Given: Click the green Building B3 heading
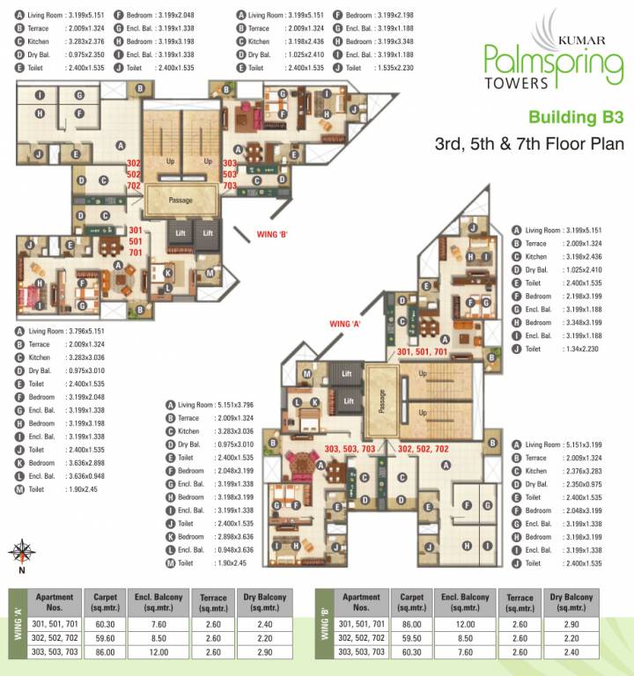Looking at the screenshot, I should [x=575, y=116].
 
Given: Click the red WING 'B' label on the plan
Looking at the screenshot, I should [x=273, y=233].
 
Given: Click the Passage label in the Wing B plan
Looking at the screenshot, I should [x=181, y=201].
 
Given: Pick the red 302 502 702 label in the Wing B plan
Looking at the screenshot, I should [x=134, y=174].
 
